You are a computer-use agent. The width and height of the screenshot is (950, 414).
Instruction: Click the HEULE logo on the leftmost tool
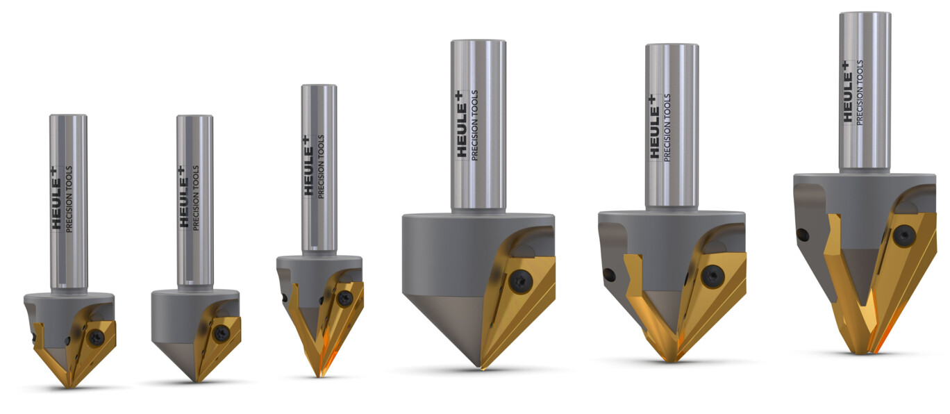click(x=57, y=199)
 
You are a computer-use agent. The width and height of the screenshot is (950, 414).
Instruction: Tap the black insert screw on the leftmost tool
click(x=97, y=338)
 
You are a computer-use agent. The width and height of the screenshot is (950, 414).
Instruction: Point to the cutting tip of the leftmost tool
click(x=72, y=387)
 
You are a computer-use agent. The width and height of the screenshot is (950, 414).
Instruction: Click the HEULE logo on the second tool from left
click(x=183, y=197)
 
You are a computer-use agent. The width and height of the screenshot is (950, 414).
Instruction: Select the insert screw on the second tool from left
click(x=222, y=334)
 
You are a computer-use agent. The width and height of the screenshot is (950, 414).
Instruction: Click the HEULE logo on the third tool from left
click(x=310, y=166)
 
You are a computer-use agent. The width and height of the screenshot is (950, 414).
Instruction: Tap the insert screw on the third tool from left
click(x=345, y=299)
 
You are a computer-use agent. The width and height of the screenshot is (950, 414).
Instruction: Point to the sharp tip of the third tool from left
click(x=319, y=375)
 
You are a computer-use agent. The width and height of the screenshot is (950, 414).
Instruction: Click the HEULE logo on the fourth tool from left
click(x=461, y=126)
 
